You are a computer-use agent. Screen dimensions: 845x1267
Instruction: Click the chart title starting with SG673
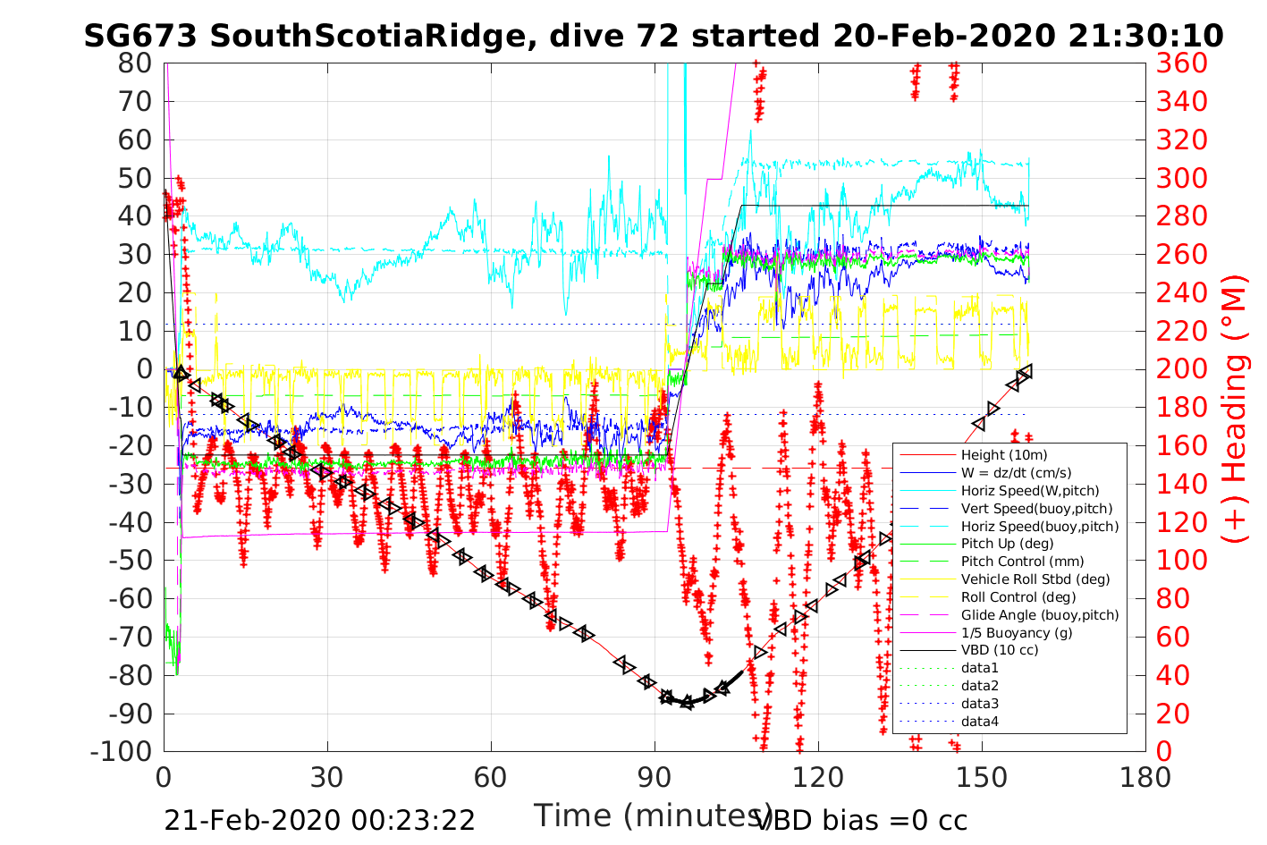click(x=654, y=36)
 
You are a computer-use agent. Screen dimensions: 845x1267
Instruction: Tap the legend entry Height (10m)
click(x=1003, y=455)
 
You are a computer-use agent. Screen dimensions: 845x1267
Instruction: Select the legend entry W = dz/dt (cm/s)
click(x=1016, y=473)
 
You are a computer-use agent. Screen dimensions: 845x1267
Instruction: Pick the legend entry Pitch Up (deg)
click(x=1007, y=544)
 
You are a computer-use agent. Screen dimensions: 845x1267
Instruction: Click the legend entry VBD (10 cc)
click(x=1000, y=650)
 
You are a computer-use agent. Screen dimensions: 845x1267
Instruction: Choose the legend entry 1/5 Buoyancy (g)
click(x=1017, y=632)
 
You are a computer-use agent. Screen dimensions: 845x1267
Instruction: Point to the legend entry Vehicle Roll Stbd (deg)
click(x=1035, y=579)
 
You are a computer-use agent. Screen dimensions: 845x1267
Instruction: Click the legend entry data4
click(x=980, y=721)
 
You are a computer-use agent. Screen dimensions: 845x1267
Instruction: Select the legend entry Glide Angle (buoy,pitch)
click(x=1040, y=615)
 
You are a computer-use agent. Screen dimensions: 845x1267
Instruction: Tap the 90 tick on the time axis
click(x=655, y=777)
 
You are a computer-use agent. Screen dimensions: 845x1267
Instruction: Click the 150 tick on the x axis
click(x=982, y=777)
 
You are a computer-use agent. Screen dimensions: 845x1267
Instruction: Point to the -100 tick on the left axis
click(x=122, y=751)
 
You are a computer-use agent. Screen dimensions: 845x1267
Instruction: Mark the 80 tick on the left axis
click(x=134, y=63)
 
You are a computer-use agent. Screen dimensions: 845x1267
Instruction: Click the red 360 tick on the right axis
click(x=1182, y=63)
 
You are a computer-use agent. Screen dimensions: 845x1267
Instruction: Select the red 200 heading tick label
click(x=1182, y=368)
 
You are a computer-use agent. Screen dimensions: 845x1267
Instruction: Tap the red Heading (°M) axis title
click(x=1236, y=407)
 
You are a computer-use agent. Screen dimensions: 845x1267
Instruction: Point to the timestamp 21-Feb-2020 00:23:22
click(x=319, y=820)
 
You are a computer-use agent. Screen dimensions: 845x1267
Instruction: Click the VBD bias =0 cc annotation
click(x=862, y=820)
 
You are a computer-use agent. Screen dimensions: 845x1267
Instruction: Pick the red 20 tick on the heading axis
click(x=1174, y=713)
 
